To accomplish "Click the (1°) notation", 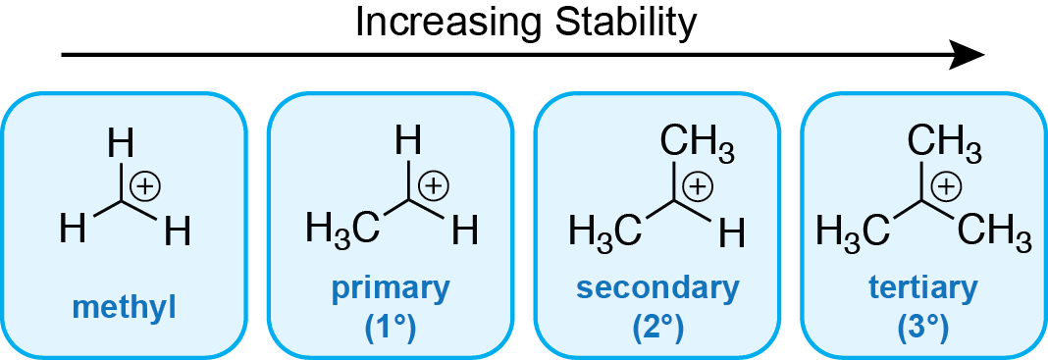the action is [x=391, y=327].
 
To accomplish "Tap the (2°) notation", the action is [x=657, y=327].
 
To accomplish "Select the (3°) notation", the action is [x=923, y=327].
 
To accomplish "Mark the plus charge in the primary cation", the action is [x=433, y=184].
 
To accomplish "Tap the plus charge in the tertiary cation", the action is [x=945, y=184].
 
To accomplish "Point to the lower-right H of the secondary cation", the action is [x=731, y=232].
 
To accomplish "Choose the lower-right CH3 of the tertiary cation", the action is [x=994, y=232].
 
